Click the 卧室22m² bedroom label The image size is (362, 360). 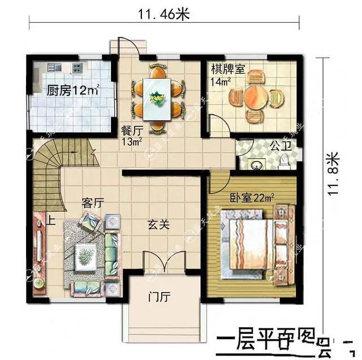(252, 198)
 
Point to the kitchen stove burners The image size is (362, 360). (77, 68)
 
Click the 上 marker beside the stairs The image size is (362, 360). (51, 220)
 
